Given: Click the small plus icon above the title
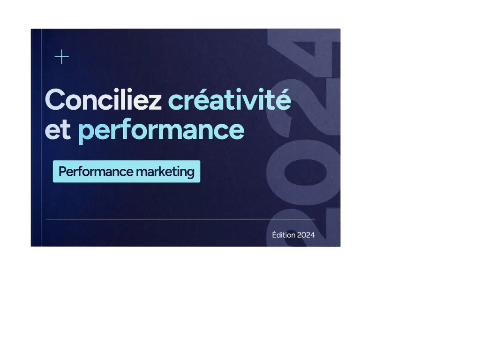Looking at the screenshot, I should (61, 57).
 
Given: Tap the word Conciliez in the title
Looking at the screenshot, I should (103, 100).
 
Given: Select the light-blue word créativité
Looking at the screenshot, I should (229, 100).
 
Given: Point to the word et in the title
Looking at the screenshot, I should (58, 130).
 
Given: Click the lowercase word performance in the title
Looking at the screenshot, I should (161, 131).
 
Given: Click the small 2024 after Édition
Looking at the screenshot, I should (306, 235).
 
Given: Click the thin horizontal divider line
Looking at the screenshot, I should (180, 219).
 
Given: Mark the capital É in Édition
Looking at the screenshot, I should (274, 234).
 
